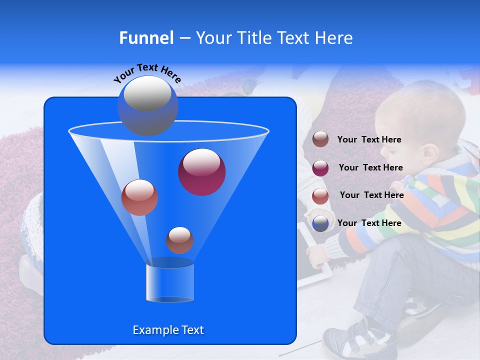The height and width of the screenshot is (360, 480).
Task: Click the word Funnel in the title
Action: [x=146, y=38]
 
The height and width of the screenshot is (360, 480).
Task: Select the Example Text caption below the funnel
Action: [x=168, y=330]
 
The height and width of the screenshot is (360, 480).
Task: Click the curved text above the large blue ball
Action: [x=147, y=72]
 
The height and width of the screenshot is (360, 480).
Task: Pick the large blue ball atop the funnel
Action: [x=147, y=105]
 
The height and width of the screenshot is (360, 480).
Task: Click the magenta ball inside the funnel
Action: [x=201, y=171]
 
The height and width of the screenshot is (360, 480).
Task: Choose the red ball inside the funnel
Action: [x=139, y=197]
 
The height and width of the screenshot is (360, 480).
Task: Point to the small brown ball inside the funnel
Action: [x=179, y=240]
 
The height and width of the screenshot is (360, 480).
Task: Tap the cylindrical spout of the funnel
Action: [x=169, y=282]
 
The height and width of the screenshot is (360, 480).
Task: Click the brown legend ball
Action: [x=320, y=139]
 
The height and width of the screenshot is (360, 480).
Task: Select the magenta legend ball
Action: [x=320, y=167]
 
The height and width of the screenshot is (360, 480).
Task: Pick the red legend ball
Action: [x=320, y=195]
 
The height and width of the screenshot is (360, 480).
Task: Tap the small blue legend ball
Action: [x=320, y=223]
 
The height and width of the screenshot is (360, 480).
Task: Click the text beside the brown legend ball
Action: [x=369, y=140]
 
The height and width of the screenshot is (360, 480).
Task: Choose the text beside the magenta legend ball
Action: [x=370, y=168]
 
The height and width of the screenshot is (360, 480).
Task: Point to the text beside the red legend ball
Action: [x=371, y=195]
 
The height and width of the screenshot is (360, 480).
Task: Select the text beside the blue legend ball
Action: [x=369, y=223]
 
